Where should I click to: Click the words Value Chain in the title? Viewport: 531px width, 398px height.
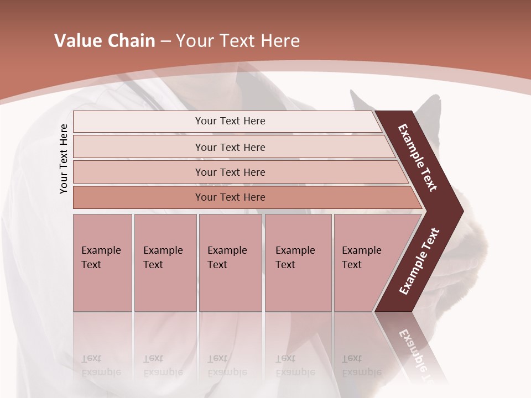(x=105, y=41)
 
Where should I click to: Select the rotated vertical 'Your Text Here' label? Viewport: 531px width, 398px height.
(x=64, y=159)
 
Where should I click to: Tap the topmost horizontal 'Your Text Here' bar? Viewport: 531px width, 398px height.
(x=230, y=121)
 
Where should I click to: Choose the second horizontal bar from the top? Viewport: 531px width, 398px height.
(x=230, y=147)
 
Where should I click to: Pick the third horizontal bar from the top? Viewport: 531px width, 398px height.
(x=230, y=172)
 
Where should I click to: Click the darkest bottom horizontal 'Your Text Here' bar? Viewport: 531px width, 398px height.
(x=230, y=197)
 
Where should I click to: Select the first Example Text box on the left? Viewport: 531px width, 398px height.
(x=102, y=262)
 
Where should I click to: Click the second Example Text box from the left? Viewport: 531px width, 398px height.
(x=165, y=262)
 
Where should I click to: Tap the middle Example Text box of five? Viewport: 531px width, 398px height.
(x=230, y=262)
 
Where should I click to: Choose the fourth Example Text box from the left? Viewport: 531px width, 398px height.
(x=298, y=262)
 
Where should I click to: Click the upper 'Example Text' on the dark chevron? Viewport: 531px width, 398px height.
(x=418, y=158)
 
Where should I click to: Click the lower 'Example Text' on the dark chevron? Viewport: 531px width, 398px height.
(x=419, y=261)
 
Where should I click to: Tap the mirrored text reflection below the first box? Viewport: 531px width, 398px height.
(x=101, y=365)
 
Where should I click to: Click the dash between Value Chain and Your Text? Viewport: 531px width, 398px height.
(x=165, y=41)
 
